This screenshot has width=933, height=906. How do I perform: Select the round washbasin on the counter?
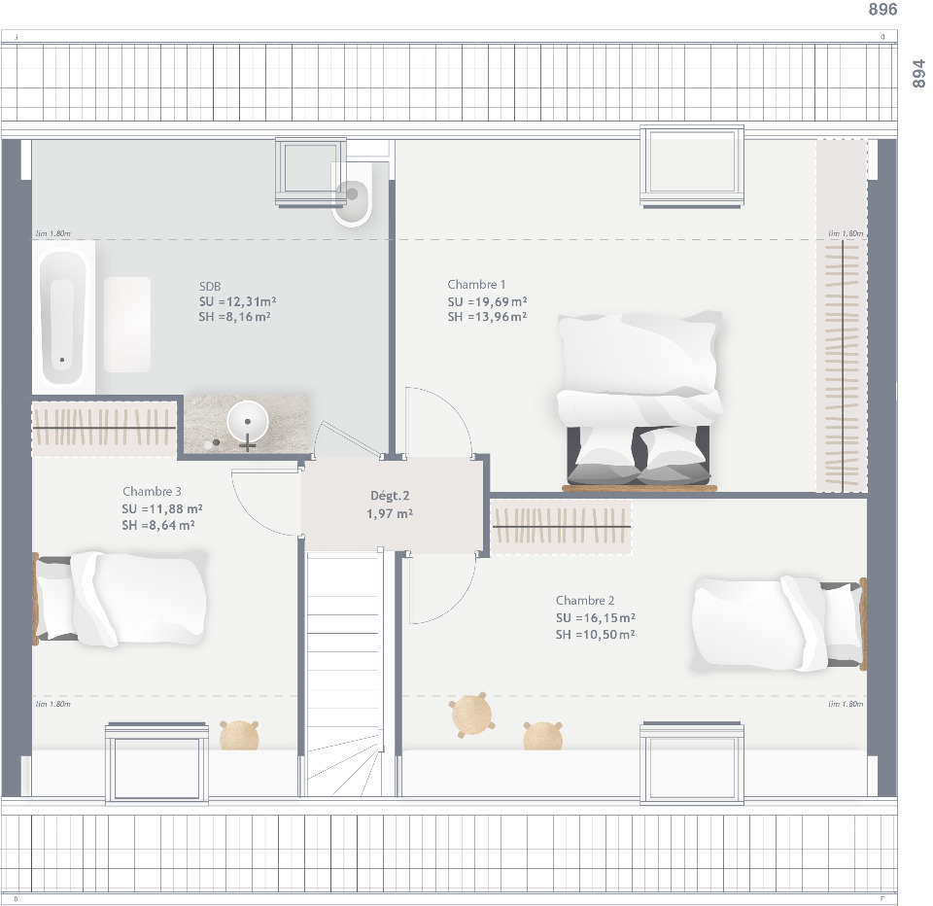[x=247, y=423]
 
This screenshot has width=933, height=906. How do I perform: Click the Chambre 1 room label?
[x=476, y=285]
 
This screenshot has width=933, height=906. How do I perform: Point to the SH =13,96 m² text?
[x=487, y=317]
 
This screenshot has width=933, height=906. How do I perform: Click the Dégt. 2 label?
[x=390, y=496]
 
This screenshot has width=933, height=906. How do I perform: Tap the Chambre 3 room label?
[x=152, y=492]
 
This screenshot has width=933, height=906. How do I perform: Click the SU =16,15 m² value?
[x=596, y=617]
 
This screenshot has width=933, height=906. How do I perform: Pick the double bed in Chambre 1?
[x=639, y=399]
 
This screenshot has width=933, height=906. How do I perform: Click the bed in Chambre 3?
[x=121, y=598]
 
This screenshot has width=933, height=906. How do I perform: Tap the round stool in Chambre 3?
[x=239, y=735]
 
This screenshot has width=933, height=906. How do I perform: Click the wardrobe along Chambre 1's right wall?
[x=842, y=316]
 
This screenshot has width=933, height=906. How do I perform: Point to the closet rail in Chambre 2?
[x=561, y=528]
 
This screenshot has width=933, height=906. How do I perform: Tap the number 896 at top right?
[x=881, y=10]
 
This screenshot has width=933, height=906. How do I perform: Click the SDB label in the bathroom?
[x=210, y=286]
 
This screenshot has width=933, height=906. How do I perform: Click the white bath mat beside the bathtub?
[x=127, y=324]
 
